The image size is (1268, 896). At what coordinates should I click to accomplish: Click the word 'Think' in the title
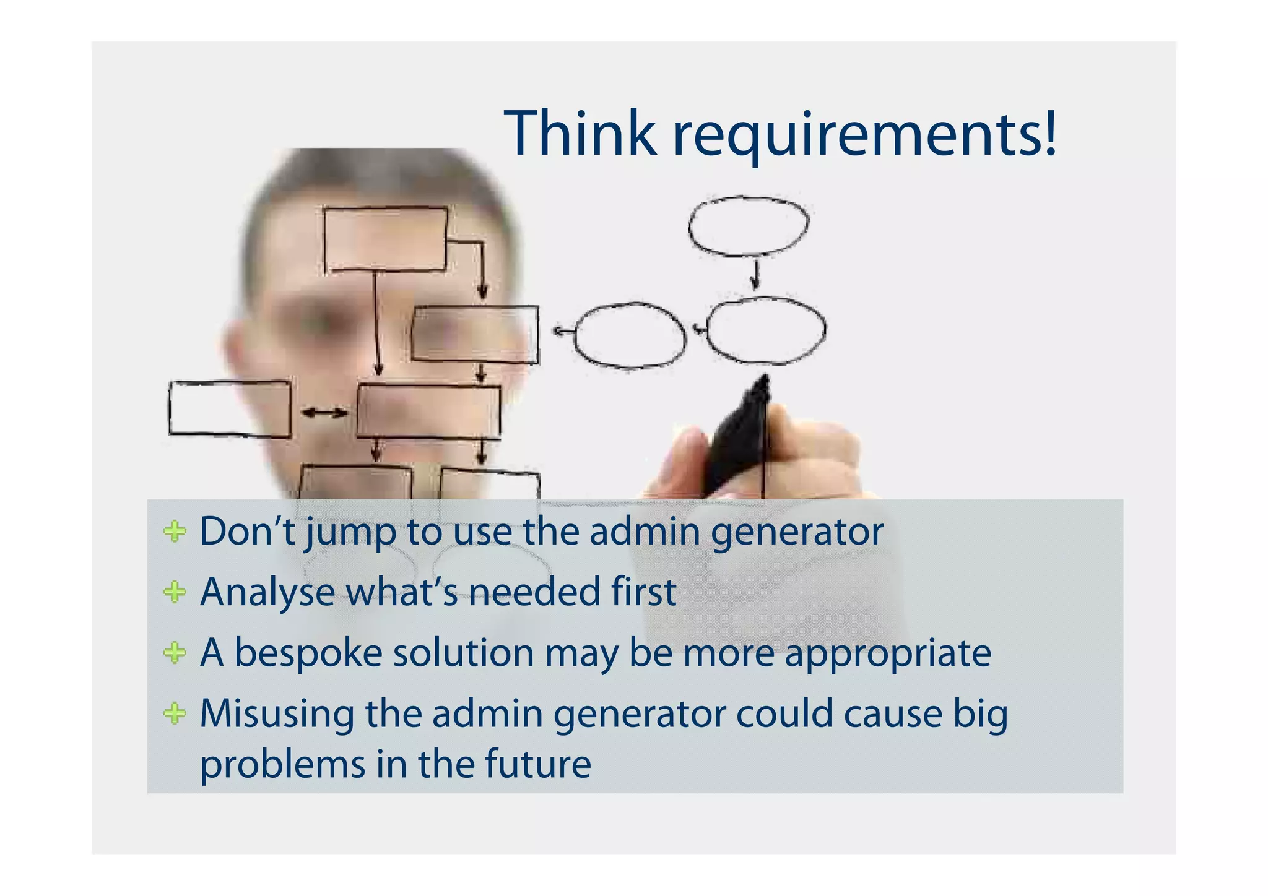pos(580,134)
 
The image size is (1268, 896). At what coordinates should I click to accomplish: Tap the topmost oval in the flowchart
pos(748,226)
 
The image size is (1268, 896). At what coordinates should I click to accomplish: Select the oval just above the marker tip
pos(766,331)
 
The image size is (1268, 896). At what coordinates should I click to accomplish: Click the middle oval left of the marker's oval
pos(630,335)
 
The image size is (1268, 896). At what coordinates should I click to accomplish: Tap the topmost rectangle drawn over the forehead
pos(385,239)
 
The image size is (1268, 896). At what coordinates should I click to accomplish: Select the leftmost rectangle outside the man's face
pos(230,408)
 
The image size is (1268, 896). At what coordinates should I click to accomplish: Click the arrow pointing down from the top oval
pos(755,275)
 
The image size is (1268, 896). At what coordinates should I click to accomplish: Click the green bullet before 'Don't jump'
pos(175,532)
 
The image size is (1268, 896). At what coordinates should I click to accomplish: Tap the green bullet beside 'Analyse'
pos(175,592)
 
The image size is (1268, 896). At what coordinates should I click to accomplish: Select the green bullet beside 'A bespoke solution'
pos(175,653)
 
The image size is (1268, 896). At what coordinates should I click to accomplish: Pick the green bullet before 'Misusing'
pos(175,713)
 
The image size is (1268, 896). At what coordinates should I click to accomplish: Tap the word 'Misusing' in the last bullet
pos(277,713)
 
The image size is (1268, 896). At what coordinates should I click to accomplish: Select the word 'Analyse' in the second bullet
pos(267,593)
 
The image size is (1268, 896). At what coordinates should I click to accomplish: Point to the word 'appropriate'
pos(888,655)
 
